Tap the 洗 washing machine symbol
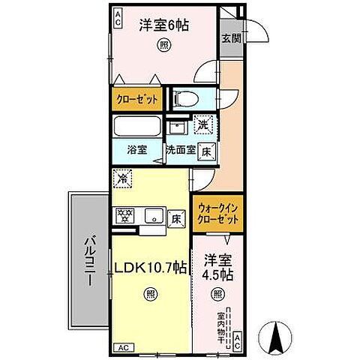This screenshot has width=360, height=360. tap(202, 125)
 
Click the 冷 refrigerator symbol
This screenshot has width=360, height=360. tap(121, 180)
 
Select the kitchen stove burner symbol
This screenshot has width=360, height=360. tap(124, 216)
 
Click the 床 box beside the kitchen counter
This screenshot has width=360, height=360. tap(176, 218)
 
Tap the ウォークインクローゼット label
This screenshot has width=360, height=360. tap(217, 214)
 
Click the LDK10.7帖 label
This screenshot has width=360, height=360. tap(151, 266)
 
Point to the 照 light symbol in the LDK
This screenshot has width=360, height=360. tap(151, 294)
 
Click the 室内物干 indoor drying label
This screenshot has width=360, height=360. tap(221, 325)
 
